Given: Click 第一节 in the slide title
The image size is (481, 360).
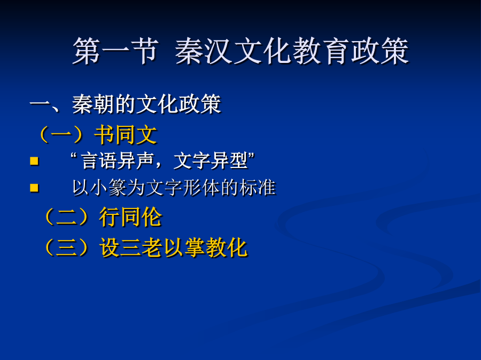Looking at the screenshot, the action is pos(115,51).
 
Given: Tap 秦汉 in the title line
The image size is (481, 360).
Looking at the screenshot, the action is pos(204,51).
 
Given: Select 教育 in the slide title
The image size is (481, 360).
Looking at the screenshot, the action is pos(320,51).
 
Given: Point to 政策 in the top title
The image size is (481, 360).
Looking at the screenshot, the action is pos(379,51).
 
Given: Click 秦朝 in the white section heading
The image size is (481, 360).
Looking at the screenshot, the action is pos(93,105).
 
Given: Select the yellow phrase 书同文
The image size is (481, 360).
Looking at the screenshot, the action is pos(126,135).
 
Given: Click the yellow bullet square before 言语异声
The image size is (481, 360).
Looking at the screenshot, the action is pos(34,161).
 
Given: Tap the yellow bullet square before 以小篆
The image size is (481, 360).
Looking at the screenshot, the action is pos(34,188).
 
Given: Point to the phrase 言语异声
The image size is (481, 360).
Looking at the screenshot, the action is pos(118,161).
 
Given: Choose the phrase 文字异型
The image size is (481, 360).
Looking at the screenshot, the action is pos(211,161).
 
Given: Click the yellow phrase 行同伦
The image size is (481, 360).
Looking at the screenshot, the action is pos(131,217).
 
